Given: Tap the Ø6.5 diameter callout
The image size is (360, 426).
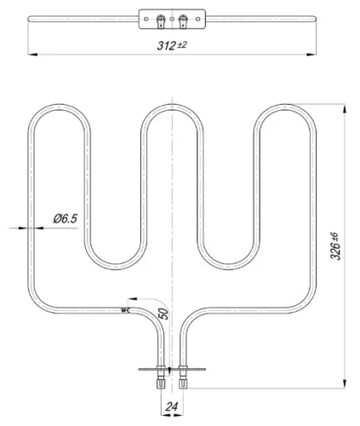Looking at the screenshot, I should point(65,219).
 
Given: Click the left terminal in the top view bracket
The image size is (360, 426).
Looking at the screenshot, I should point(160,17).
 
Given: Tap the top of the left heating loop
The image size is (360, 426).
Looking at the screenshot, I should point(59,108).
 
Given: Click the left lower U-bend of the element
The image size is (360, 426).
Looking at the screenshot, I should point(115,258).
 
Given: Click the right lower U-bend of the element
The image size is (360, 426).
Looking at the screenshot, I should point(227,258).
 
